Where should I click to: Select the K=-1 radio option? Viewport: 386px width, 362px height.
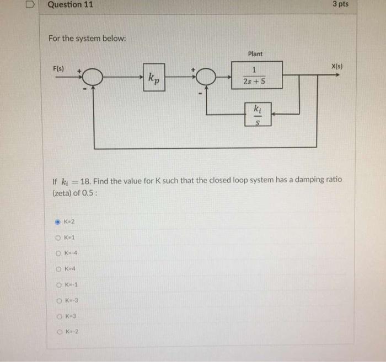(59, 285)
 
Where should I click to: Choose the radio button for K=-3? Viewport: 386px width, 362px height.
(59, 300)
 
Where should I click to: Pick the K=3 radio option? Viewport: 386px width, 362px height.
(59, 316)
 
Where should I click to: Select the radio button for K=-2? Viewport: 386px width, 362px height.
(59, 332)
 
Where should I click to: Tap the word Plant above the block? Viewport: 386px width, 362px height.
(255, 54)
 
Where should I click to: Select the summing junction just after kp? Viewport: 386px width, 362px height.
(206, 78)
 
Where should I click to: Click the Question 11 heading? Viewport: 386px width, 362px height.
(71, 5)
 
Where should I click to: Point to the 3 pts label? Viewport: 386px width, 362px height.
(340, 4)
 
